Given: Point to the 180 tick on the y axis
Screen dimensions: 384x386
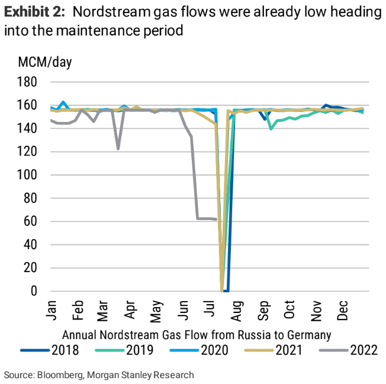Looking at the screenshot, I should pos(28,82).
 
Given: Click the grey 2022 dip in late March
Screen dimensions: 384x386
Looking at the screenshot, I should pos(118,149).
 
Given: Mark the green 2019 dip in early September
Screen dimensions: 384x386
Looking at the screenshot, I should pos(271,128).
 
